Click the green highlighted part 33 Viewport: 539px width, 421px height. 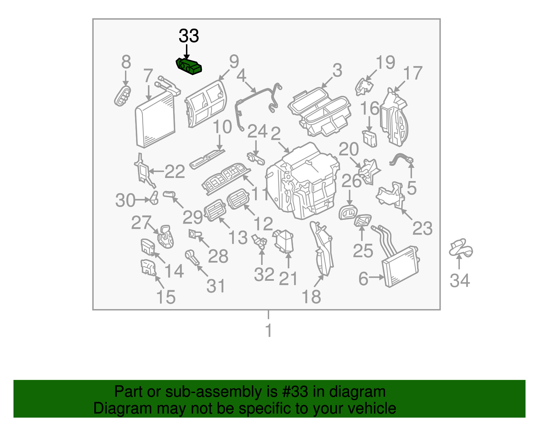pyautogui.click(x=189, y=66)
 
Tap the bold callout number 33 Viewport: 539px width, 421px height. pyautogui.click(x=189, y=36)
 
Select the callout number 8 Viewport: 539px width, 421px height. pyautogui.click(x=126, y=62)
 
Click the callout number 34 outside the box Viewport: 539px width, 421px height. pyautogui.click(x=460, y=280)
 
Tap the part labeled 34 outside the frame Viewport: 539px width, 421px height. pyautogui.click(x=461, y=249)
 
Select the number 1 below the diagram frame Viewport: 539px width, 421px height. pyautogui.click(x=268, y=330)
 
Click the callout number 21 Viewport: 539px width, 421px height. pyautogui.click(x=288, y=278)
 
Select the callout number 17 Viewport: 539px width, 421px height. pyautogui.click(x=413, y=73)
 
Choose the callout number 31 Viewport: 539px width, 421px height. pyautogui.click(x=216, y=286)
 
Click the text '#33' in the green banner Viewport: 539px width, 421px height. pyautogui.click(x=294, y=392)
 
